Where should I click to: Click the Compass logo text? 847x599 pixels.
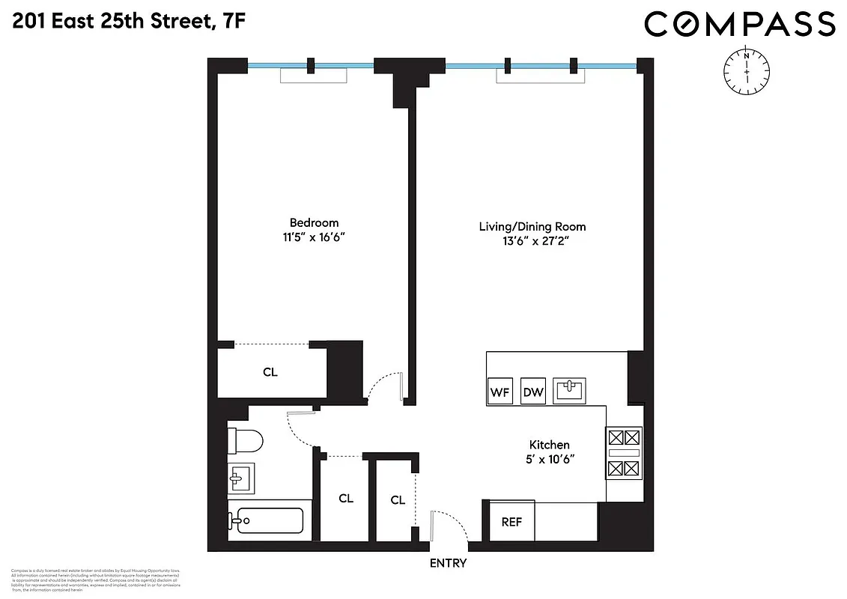tap(739, 25)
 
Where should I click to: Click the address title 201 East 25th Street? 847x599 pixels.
tap(127, 23)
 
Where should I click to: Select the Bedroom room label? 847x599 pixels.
tap(314, 222)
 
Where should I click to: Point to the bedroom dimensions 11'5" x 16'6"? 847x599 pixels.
tap(314, 237)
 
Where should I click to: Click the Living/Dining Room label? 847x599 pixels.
tap(532, 226)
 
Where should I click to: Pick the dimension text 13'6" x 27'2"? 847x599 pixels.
tap(532, 241)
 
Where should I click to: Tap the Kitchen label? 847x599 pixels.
tap(550, 445)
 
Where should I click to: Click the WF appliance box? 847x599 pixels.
tap(499, 391)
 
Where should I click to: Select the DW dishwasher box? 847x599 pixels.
tap(532, 391)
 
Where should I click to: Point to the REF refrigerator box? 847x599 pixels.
tap(511, 522)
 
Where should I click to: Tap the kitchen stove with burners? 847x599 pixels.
tap(624, 452)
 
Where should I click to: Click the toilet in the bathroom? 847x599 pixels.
tap(246, 440)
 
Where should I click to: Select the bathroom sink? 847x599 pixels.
tap(241, 478)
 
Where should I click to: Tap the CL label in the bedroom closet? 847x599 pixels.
tap(270, 372)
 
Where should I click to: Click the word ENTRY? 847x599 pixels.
tap(448, 563)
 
